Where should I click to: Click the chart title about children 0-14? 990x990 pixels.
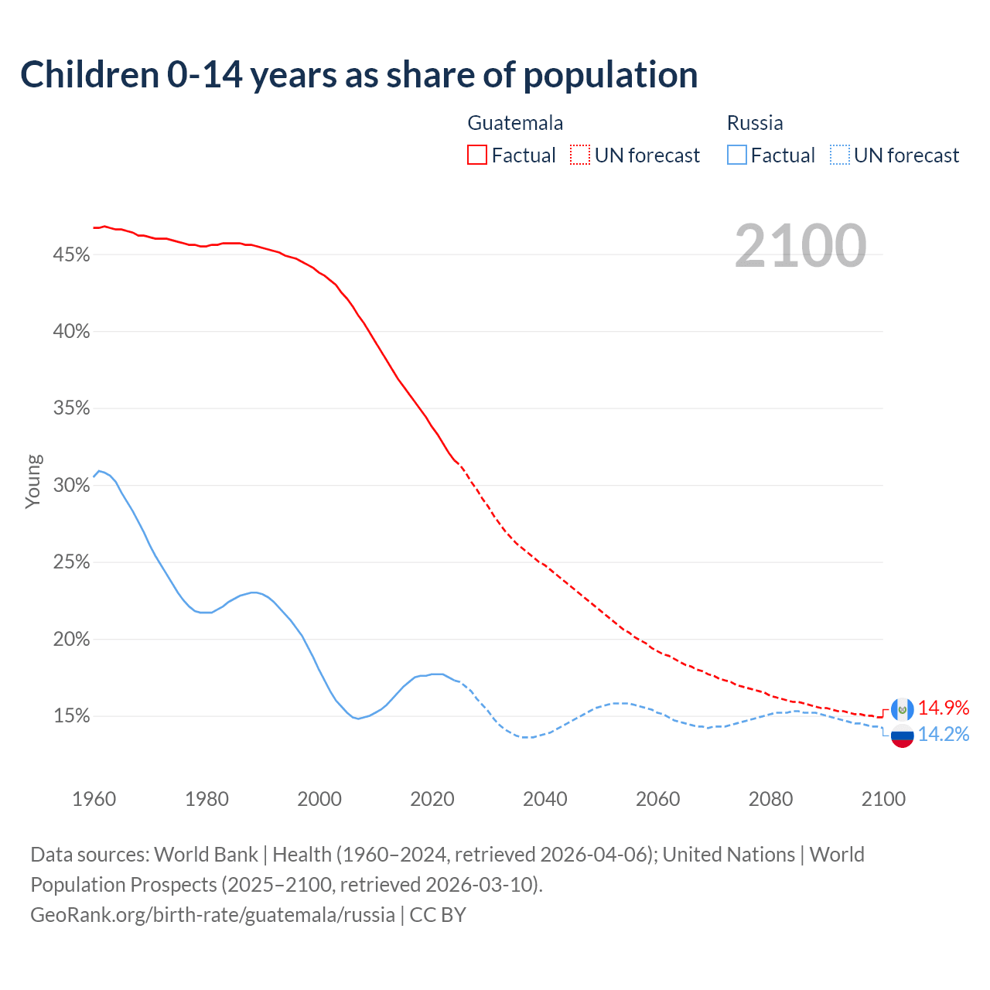359,75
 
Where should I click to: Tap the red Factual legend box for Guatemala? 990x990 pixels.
477,155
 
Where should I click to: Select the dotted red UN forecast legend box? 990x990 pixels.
580,155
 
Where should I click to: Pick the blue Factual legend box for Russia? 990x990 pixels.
737,155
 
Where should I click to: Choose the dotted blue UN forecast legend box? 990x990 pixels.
840,155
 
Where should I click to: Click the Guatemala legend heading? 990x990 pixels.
515,123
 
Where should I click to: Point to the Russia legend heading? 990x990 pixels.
755,123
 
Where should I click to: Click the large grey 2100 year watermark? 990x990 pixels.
801,246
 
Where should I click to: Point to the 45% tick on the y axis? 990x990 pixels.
71,254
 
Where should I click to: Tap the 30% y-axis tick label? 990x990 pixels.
71,485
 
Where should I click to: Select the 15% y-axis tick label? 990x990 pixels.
71,716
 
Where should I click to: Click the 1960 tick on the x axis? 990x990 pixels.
94,799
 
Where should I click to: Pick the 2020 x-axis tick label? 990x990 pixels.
432,799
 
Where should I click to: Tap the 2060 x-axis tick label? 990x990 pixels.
657,799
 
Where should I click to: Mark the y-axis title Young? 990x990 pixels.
33,481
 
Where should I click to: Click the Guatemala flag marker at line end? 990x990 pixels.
903,708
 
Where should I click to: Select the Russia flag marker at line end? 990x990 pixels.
903,736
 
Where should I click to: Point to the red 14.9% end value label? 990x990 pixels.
944,708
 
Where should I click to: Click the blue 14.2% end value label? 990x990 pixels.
944,734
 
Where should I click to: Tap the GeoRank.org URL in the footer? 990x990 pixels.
213,915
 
